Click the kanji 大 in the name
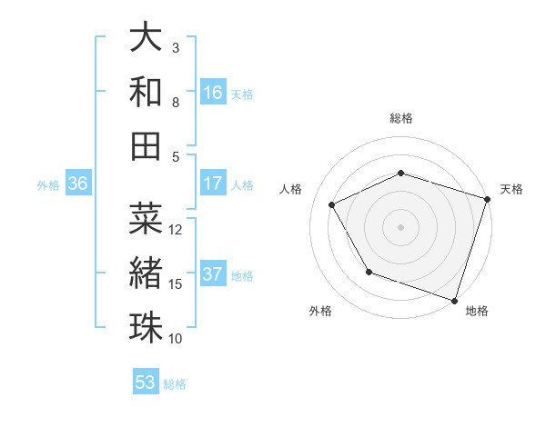pos(147,38)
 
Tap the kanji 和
pos(147,92)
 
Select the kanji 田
pos(147,145)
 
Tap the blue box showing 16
pos(213,92)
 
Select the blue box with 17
pos(213,184)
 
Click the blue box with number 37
pos(213,274)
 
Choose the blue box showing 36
pos(78,184)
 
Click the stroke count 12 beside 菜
pos(177,229)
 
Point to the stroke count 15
pos(177,283)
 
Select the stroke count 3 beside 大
pos(176,47)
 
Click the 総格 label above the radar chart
pos(401,118)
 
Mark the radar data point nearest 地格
pos(454,299)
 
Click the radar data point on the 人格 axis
pos(332,205)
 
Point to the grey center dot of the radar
pos(400,227)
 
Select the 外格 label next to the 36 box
pos(48,184)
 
